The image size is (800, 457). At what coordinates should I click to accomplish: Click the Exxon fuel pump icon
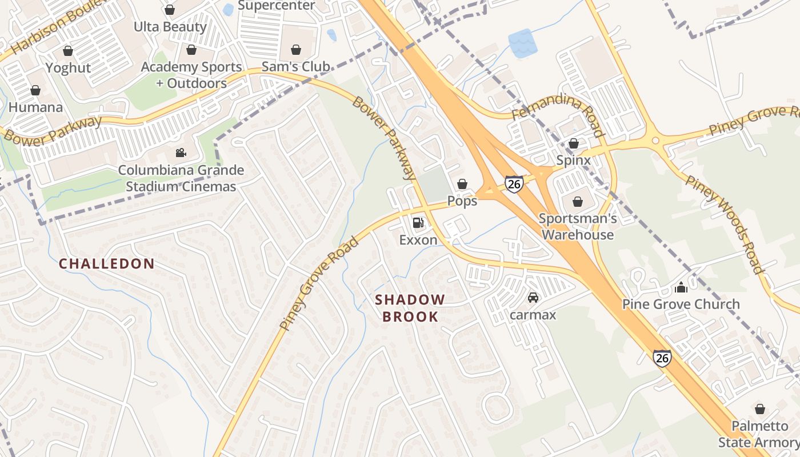click(x=418, y=222)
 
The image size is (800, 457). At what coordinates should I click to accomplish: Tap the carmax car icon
click(x=533, y=297)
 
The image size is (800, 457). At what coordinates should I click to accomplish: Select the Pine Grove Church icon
click(x=681, y=287)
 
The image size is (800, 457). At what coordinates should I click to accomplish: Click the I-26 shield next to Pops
click(x=514, y=184)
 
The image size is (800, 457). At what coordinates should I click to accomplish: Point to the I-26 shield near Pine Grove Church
click(x=662, y=358)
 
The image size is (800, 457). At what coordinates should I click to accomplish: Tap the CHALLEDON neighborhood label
click(x=107, y=263)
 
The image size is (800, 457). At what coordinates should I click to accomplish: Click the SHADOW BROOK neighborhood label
click(x=410, y=308)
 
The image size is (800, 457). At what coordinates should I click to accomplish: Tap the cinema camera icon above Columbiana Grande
click(x=181, y=153)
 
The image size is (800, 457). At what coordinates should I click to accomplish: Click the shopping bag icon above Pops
click(x=462, y=184)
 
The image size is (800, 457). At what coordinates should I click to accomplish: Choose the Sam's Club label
click(x=295, y=67)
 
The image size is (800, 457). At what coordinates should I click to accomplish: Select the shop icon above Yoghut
click(x=68, y=51)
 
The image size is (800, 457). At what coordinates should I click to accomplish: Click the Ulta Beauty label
click(x=170, y=27)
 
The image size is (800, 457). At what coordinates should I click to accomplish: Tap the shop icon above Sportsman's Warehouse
click(x=578, y=201)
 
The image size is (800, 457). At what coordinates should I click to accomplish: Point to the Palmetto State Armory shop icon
click(x=759, y=409)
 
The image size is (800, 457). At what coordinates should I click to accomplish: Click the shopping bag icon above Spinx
click(x=573, y=143)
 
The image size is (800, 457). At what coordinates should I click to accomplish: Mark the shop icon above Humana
click(x=35, y=90)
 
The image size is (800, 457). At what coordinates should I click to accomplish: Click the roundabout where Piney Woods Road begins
click(x=655, y=140)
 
